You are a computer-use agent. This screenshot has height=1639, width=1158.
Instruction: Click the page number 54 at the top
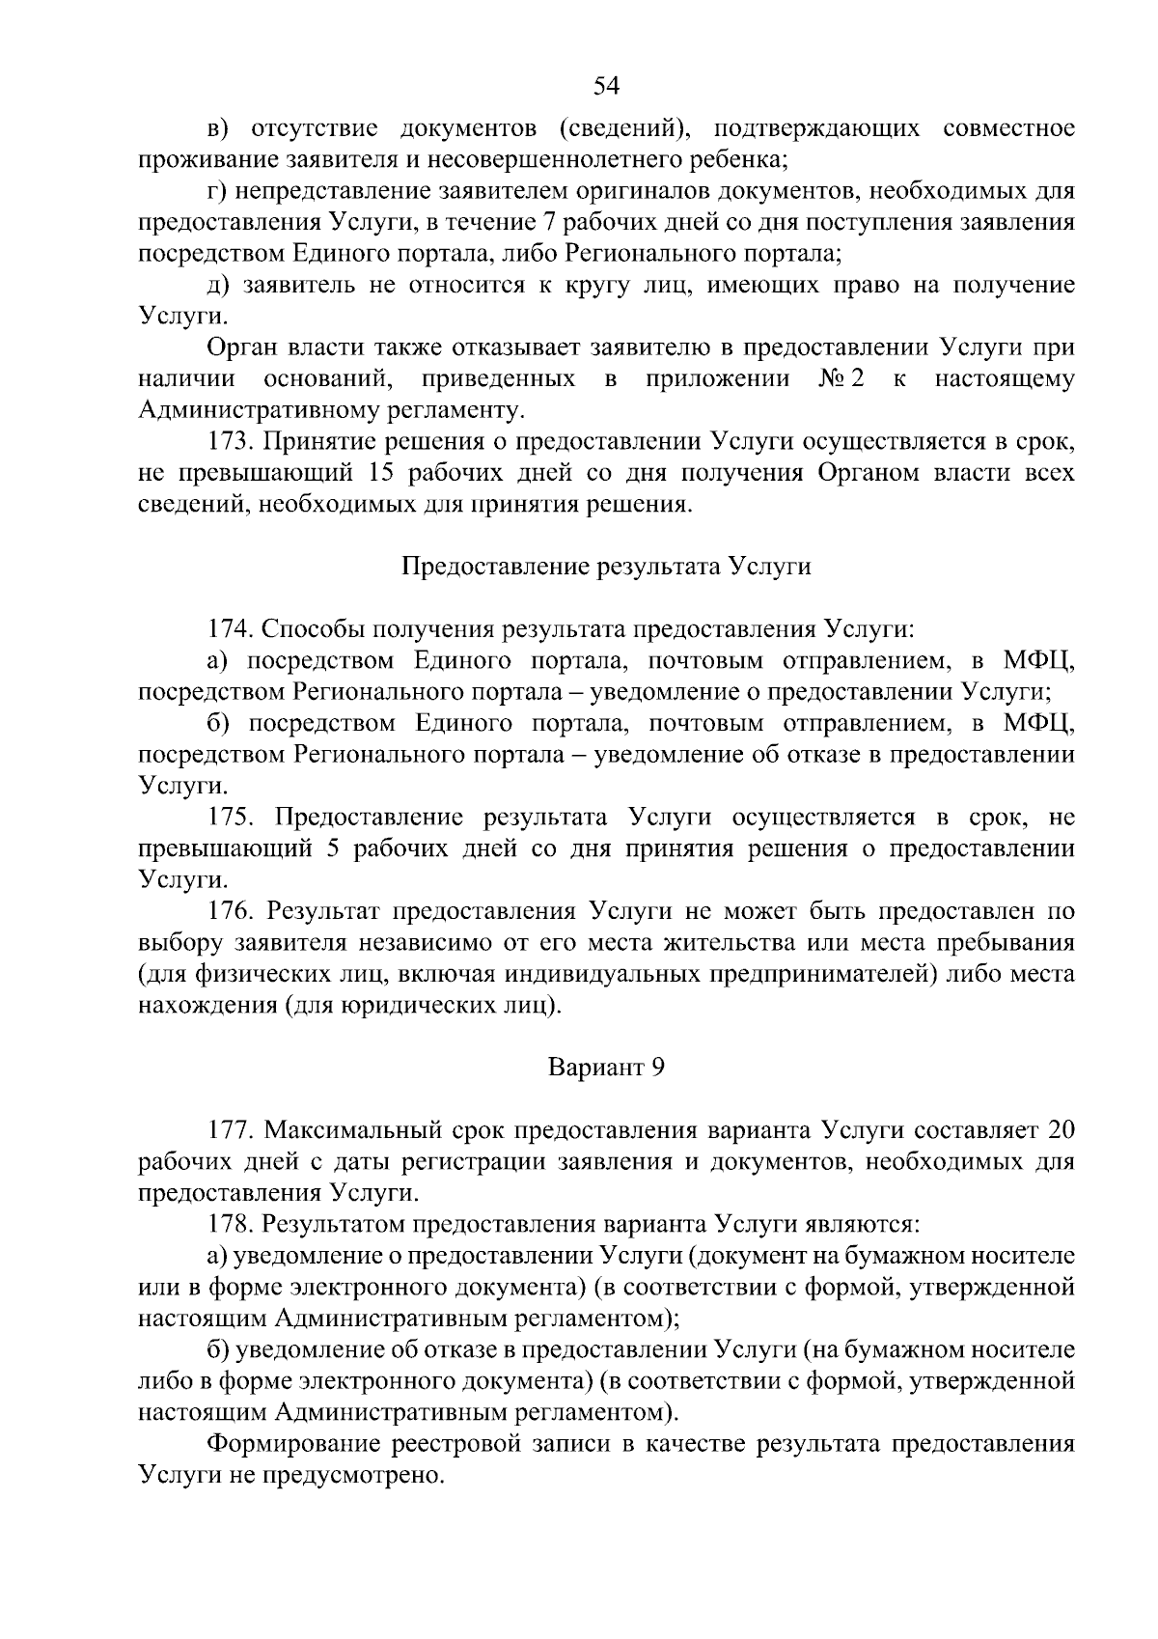[606, 87]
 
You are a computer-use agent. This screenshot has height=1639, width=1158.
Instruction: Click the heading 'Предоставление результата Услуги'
[606, 567]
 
